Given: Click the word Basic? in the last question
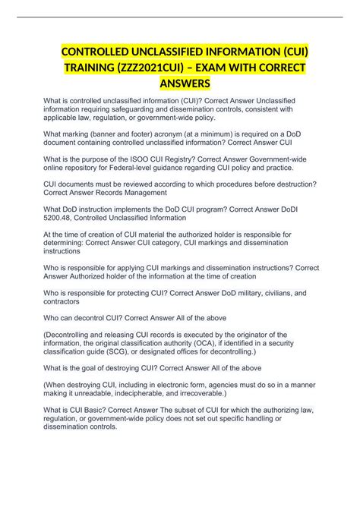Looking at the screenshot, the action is (x=103, y=408).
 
